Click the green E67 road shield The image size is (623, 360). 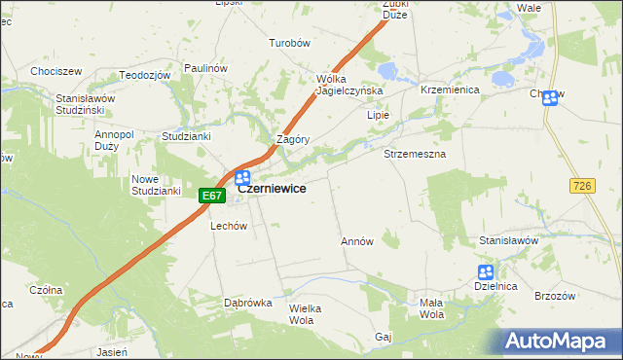coord(212,196)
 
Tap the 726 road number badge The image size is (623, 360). coord(583,185)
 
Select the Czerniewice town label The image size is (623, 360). coord(273,189)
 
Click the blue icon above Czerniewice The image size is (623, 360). coord(242,178)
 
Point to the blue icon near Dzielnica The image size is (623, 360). coord(485,272)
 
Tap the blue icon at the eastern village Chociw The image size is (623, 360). coord(550,97)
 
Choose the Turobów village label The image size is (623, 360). coord(289,43)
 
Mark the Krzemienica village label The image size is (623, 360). coord(448,89)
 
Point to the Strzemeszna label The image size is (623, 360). coord(415,155)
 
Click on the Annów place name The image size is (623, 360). coord(356,241)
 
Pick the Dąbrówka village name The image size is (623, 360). coord(247,303)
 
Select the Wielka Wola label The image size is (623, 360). coord(305,313)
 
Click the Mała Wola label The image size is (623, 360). coord(431,308)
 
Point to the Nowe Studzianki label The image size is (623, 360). coord(157,184)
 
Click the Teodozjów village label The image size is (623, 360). coord(144,75)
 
